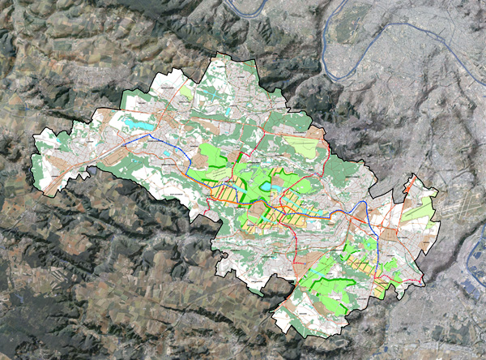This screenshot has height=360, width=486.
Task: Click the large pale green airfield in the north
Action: click(301, 148)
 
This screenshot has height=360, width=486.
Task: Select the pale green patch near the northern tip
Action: click(186, 92)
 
